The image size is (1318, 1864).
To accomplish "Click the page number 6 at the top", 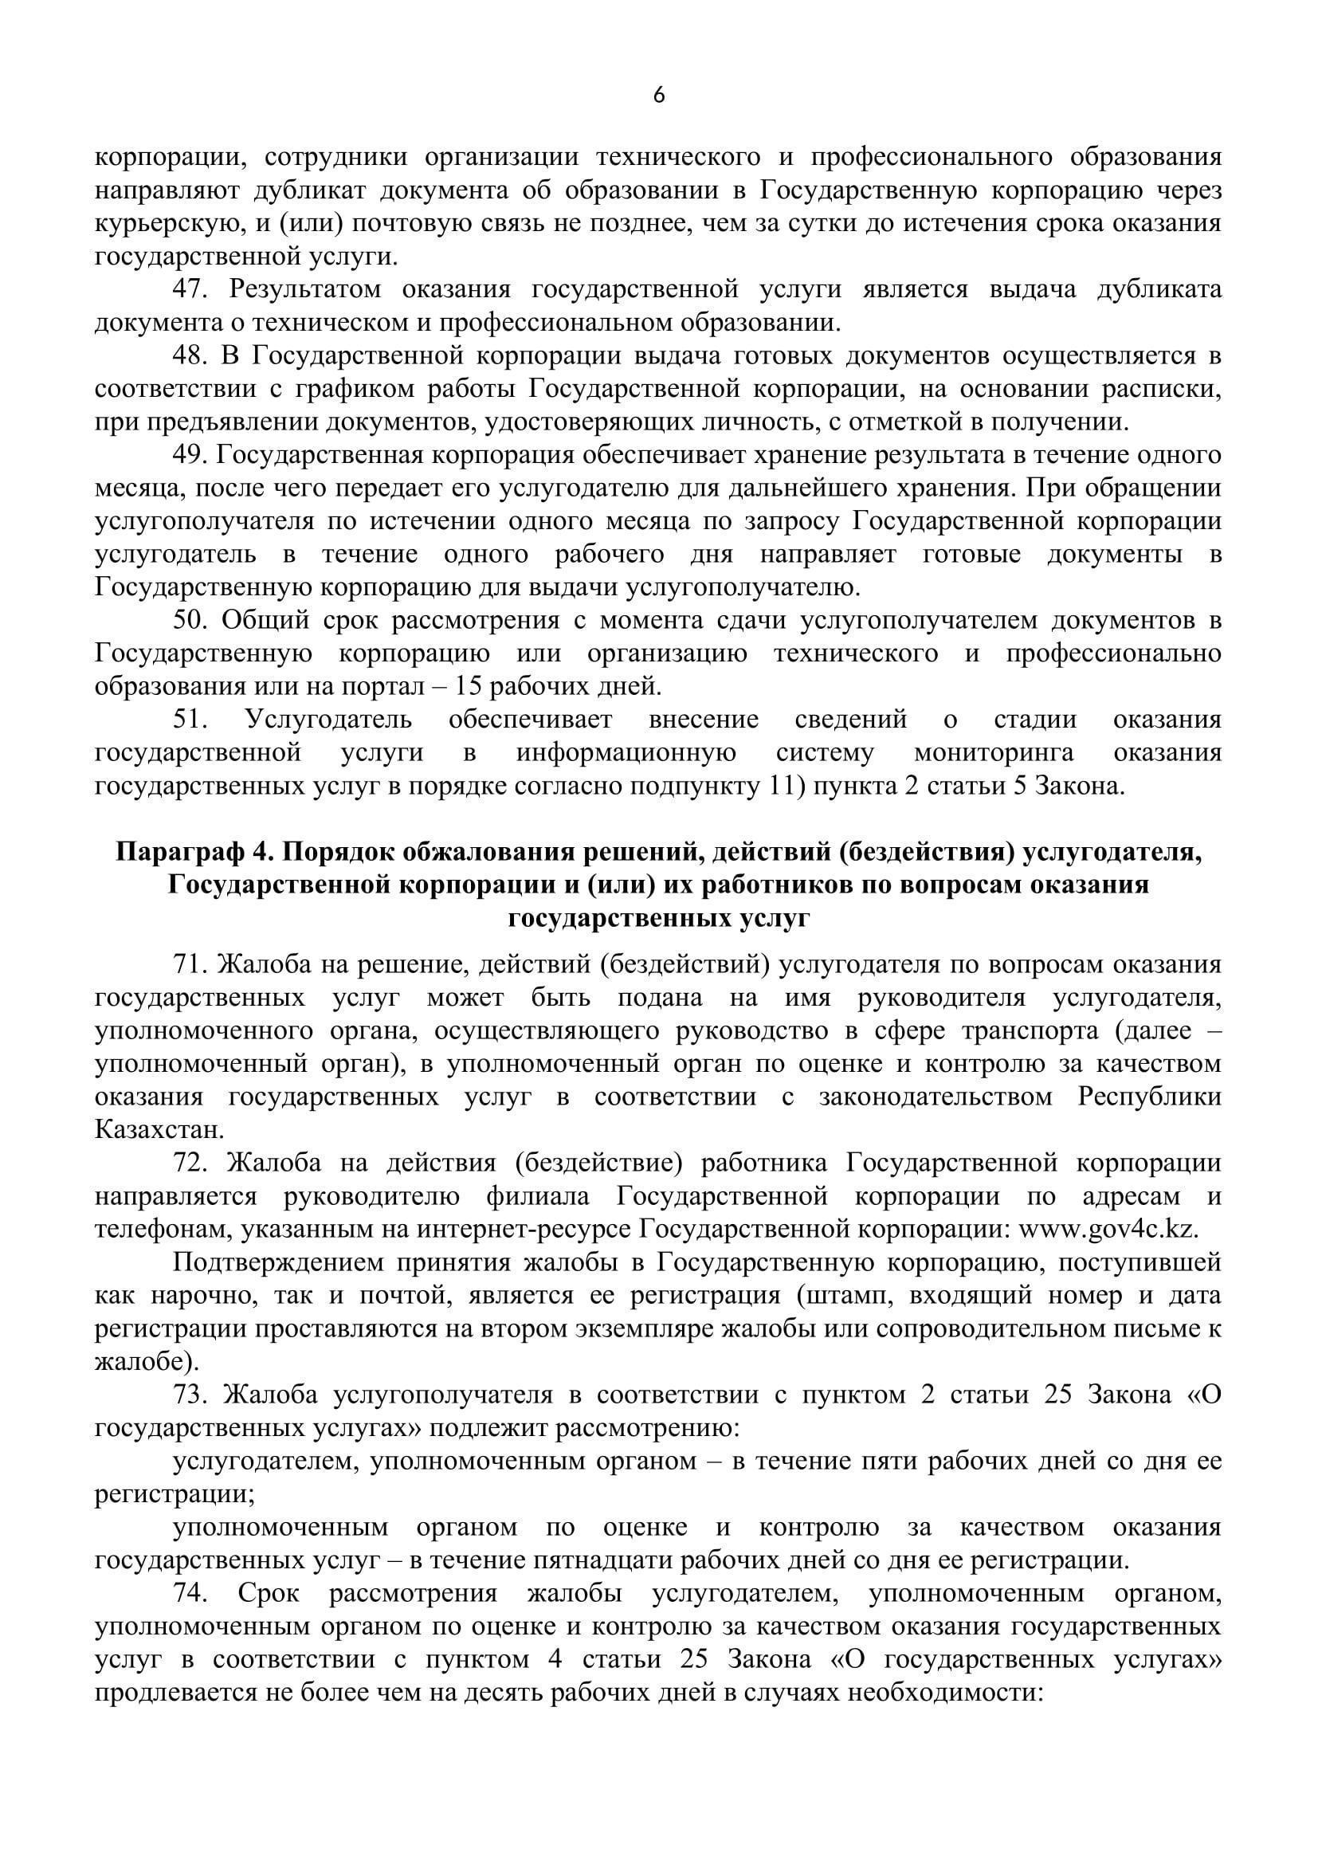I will coord(659,96).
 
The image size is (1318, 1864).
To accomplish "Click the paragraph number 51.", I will coord(190,720).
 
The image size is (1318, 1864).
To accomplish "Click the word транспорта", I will coord(1015,1031).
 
